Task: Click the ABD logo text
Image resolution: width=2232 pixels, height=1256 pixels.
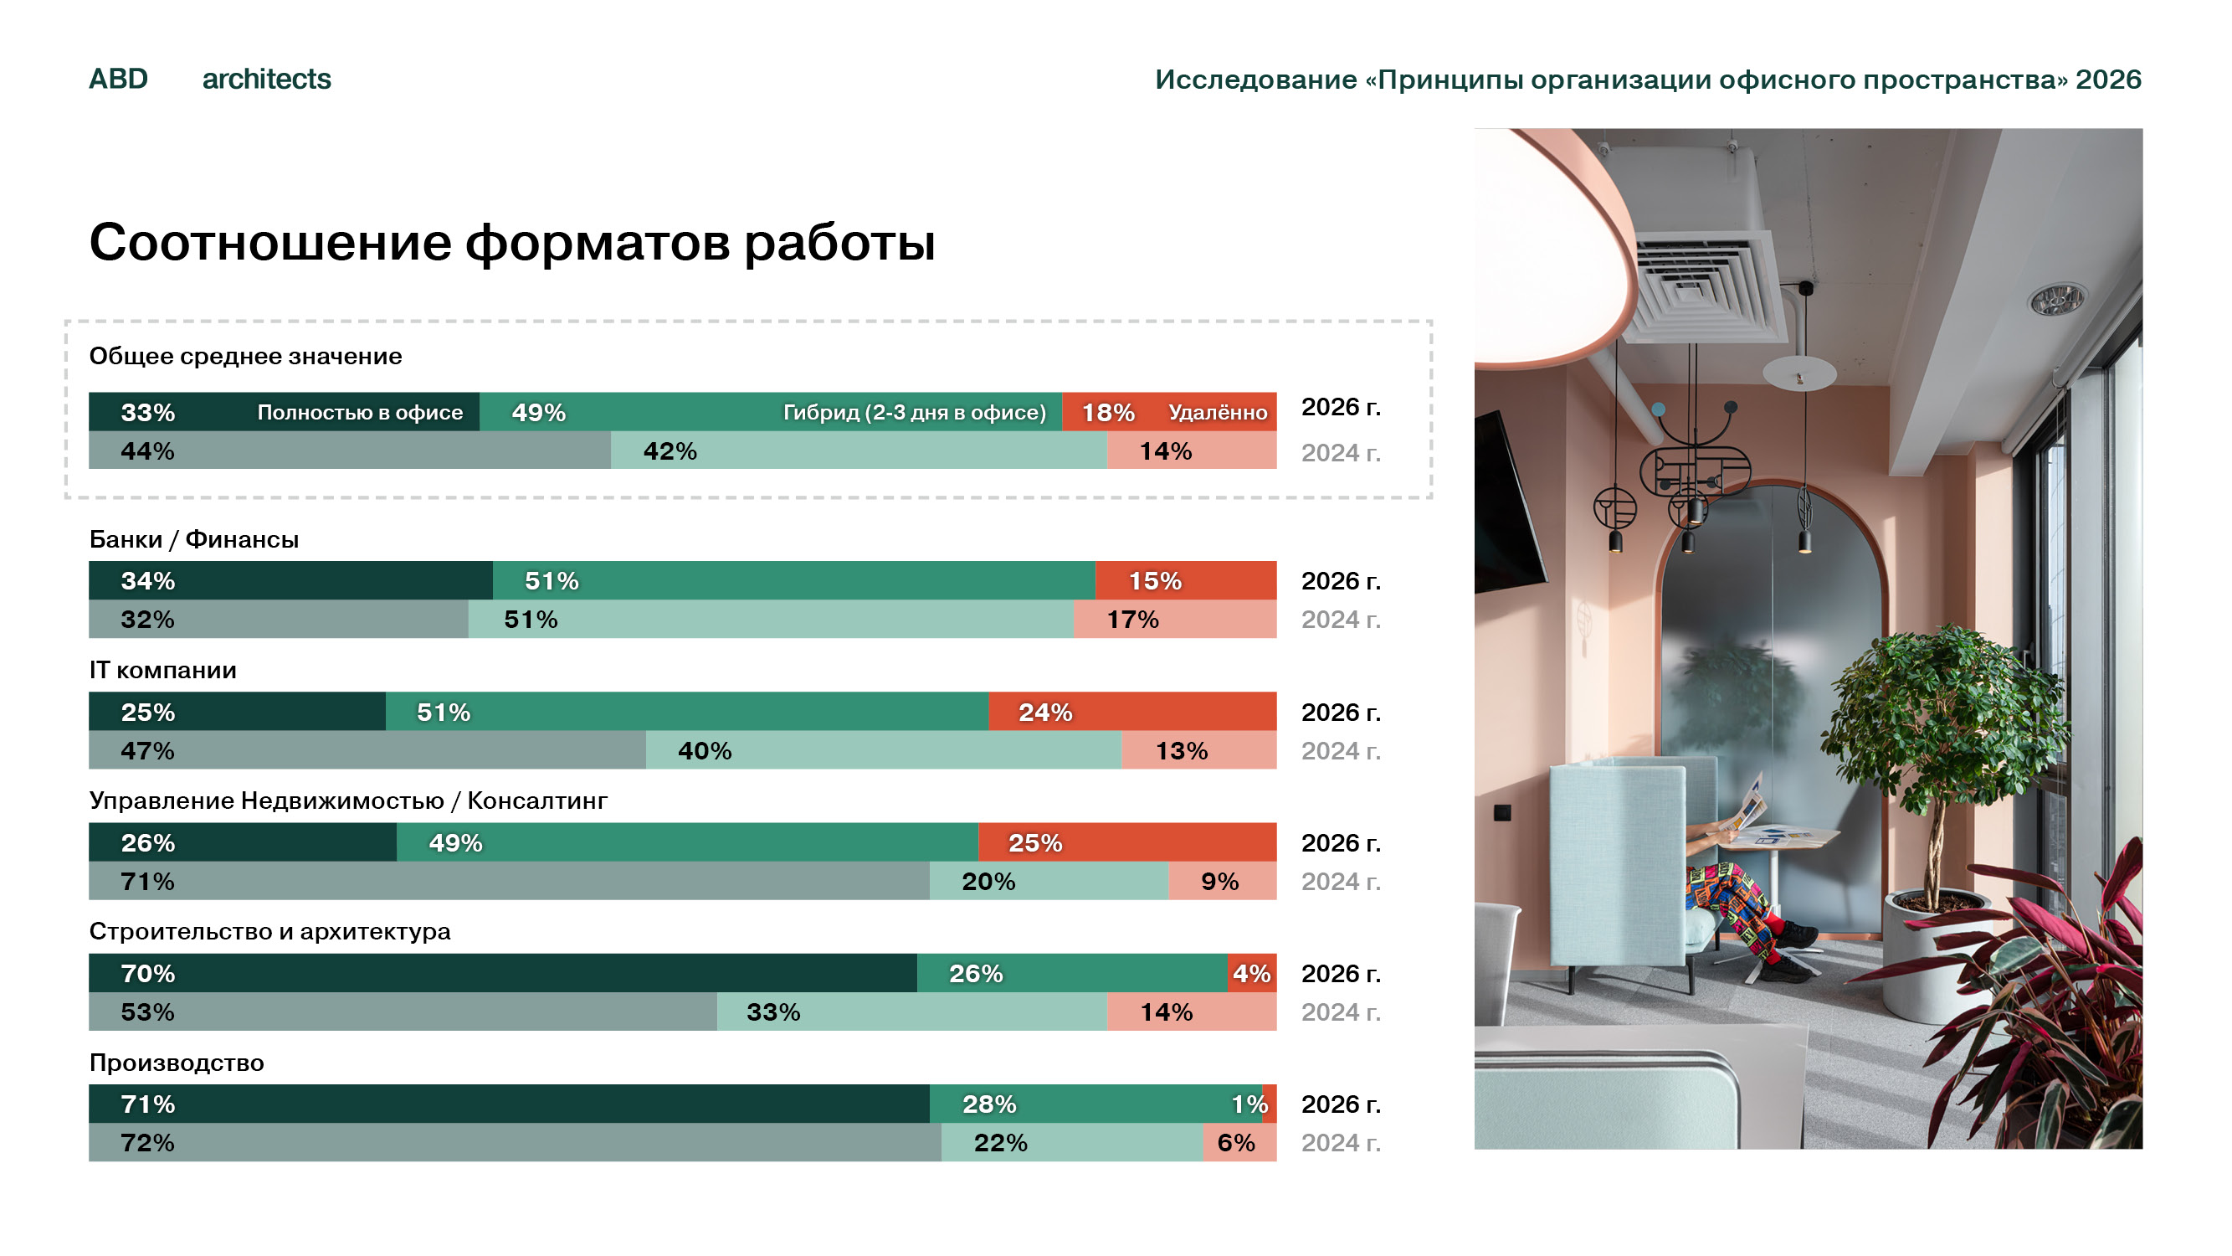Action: (119, 79)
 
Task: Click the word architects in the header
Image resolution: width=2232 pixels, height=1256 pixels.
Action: (267, 79)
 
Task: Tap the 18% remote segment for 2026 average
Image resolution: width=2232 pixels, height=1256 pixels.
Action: (1169, 412)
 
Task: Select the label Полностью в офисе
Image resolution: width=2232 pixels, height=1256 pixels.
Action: (360, 412)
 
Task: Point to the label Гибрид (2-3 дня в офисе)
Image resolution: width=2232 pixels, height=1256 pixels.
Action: (914, 412)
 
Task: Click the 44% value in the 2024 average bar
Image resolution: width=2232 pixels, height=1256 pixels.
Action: (147, 450)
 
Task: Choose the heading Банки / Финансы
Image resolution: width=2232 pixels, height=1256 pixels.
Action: (194, 539)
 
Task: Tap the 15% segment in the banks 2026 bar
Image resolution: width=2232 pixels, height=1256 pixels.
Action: (1186, 580)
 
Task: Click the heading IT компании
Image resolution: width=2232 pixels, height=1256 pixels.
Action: (163, 670)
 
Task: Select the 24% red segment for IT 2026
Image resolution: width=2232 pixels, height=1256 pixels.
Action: (1132, 711)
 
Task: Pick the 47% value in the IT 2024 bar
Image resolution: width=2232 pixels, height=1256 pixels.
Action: (147, 749)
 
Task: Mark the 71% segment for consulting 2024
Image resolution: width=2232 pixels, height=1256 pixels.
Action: (509, 881)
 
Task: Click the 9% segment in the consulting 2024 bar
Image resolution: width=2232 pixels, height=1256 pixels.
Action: (1223, 881)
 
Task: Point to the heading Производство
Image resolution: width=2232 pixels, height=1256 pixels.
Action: (177, 1063)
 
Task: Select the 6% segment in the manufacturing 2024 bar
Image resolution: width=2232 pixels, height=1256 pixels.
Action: (1240, 1142)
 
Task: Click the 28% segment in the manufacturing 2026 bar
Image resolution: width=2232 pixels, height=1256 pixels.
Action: (1096, 1104)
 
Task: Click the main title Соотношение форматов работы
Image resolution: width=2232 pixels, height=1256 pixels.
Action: (512, 242)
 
